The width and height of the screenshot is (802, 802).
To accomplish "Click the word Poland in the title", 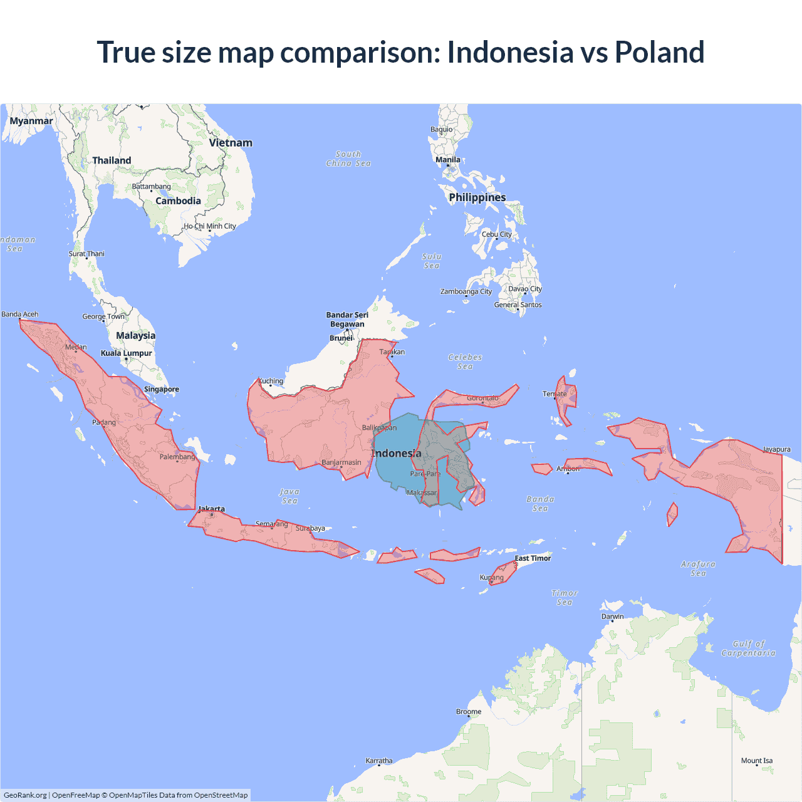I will click(659, 52).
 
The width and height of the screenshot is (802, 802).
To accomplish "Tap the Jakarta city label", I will click(212, 509).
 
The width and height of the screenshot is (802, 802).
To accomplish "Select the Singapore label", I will click(162, 389).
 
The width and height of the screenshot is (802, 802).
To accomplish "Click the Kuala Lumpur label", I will click(127, 353).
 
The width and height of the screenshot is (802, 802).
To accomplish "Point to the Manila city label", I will click(448, 160).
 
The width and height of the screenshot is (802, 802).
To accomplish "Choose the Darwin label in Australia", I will click(612, 617).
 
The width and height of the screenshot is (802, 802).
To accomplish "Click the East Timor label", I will click(533, 558).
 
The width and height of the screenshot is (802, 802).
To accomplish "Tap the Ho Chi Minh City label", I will click(210, 226).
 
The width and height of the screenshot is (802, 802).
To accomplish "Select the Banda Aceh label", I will click(20, 314).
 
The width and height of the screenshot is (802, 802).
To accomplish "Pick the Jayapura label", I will click(776, 449).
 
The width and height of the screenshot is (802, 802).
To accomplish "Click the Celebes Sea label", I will click(465, 362).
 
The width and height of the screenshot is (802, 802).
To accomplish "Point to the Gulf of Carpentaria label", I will click(748, 648).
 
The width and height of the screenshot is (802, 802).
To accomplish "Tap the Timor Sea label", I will click(565, 597).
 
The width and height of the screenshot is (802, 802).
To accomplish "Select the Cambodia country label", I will click(178, 201).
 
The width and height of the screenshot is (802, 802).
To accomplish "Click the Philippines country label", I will click(477, 197).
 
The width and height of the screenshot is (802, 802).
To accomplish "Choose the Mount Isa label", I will click(757, 761).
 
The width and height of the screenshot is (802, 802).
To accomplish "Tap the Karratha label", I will click(379, 761).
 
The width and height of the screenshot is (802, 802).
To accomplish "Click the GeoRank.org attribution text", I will click(25, 795).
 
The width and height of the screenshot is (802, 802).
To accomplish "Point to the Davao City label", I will click(524, 289).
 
